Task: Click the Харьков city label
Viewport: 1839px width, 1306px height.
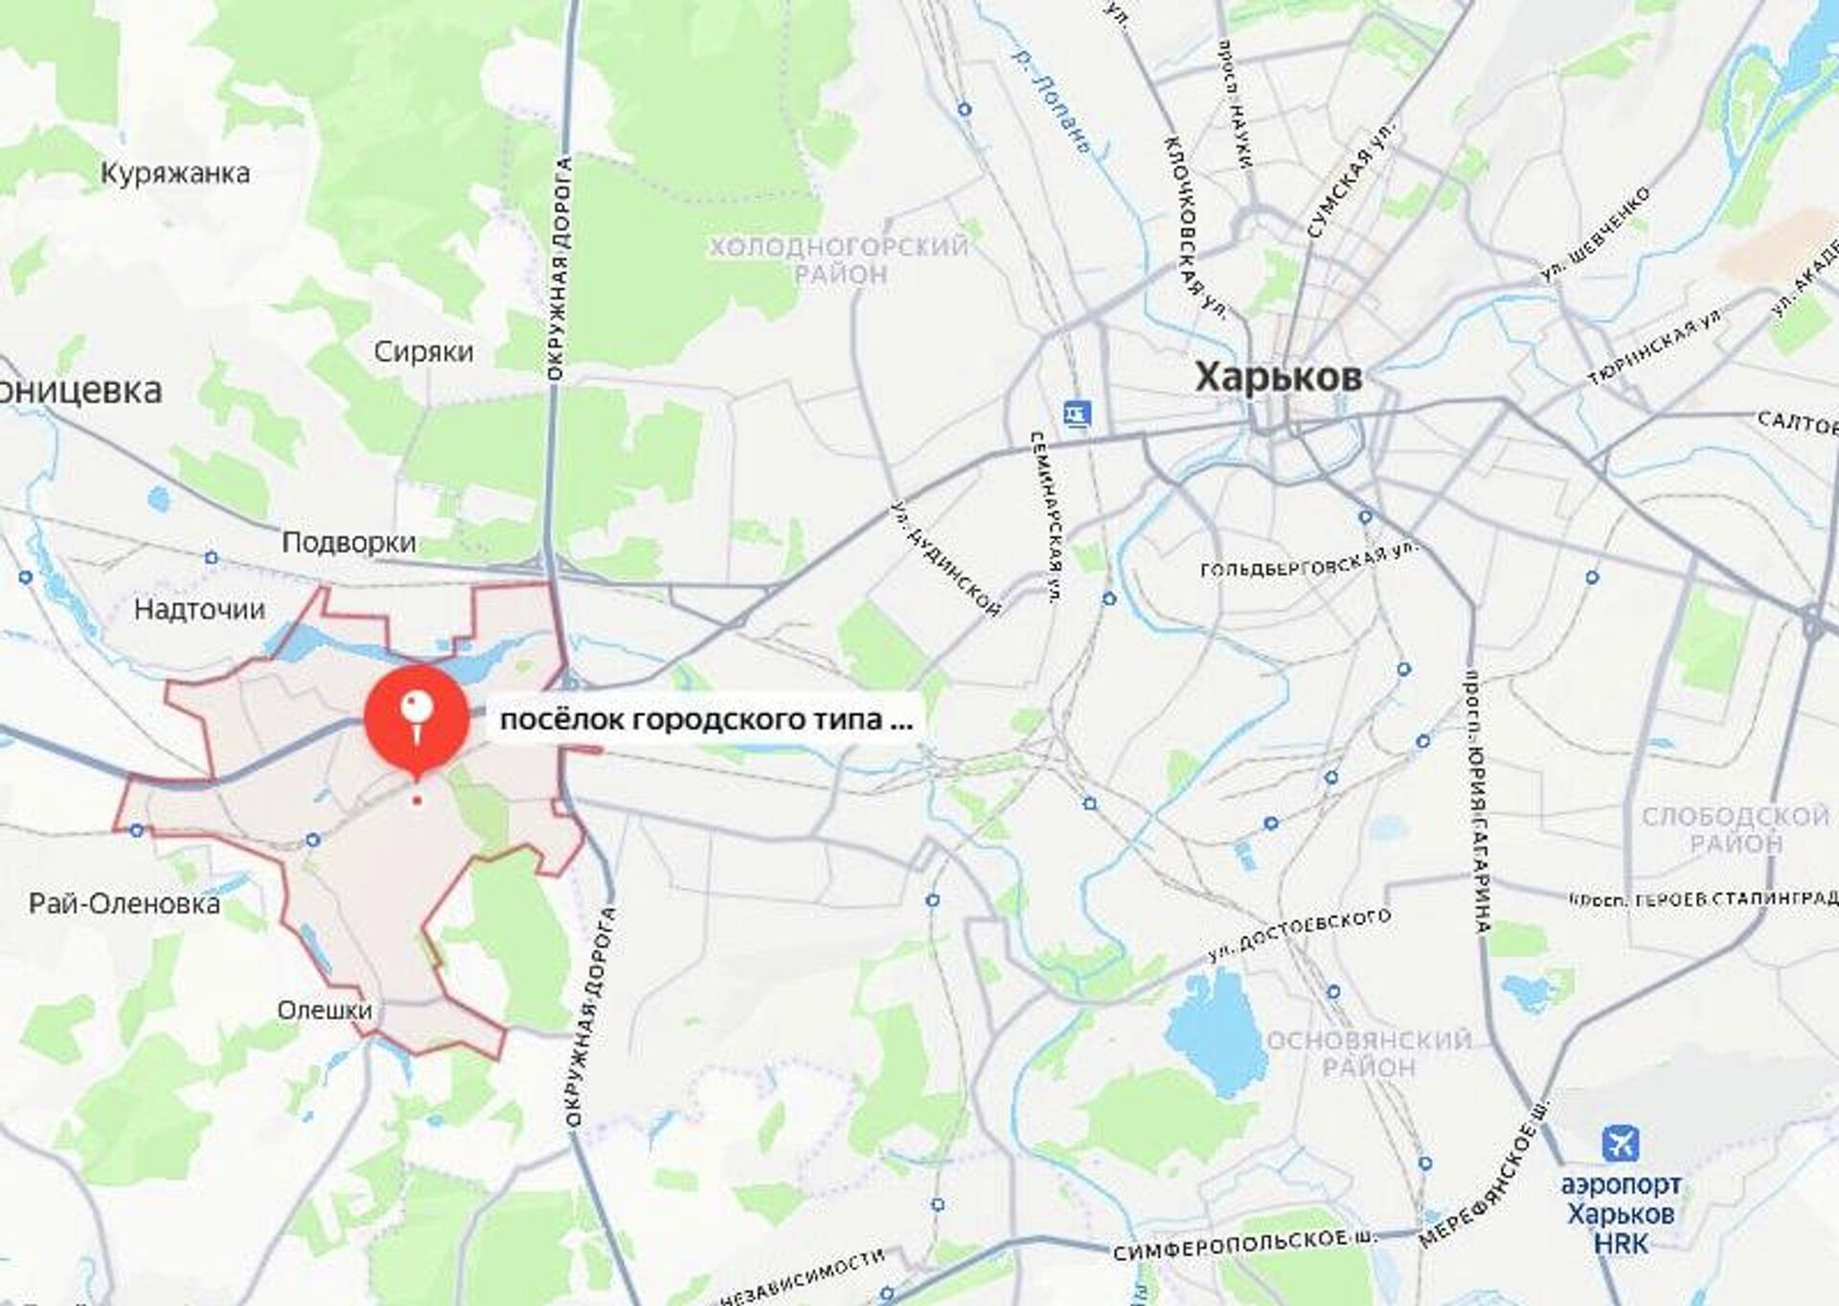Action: tap(1278, 377)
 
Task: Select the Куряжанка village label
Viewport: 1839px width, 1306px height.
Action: tap(175, 173)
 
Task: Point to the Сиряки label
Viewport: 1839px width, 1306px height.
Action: tap(423, 351)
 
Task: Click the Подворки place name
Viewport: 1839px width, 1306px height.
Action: tap(349, 543)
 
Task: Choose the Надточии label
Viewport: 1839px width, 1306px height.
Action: tap(199, 609)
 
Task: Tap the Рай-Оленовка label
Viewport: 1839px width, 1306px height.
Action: tap(125, 903)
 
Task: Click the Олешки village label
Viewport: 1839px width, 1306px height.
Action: tap(325, 1009)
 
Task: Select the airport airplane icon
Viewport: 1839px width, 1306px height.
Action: tap(1621, 1144)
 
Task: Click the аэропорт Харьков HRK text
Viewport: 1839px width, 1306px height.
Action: tap(1621, 1214)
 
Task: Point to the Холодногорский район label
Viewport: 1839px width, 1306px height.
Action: tap(839, 260)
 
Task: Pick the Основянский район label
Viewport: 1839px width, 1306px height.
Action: tap(1369, 1053)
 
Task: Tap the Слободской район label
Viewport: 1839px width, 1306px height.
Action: tap(1736, 829)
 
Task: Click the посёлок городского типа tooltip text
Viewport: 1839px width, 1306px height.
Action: tap(706, 719)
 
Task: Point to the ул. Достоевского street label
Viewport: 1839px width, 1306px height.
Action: tap(1299, 935)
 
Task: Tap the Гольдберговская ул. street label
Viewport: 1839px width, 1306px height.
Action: tap(1308, 563)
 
